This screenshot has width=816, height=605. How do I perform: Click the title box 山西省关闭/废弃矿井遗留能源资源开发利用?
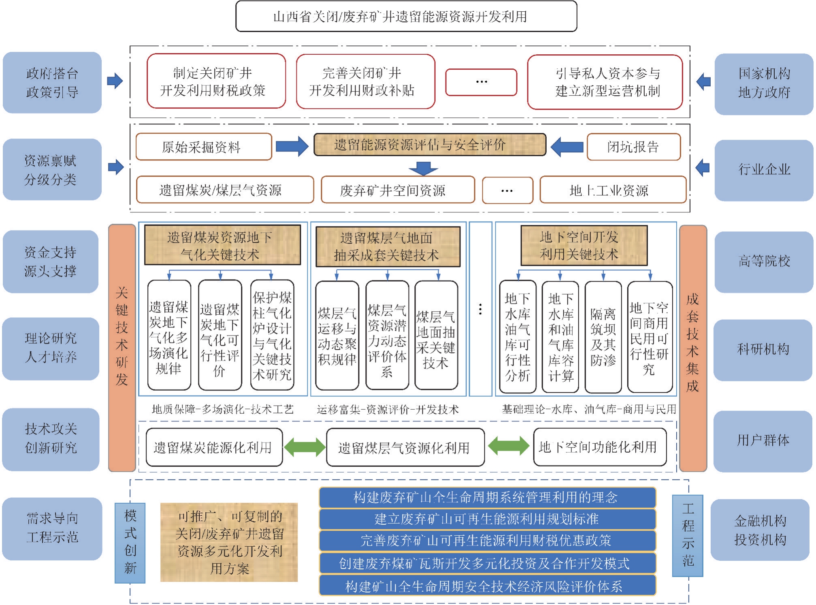tap(406, 16)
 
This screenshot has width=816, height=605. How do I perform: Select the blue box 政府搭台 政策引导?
tap(52, 83)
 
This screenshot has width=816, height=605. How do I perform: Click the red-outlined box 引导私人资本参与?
tap(605, 82)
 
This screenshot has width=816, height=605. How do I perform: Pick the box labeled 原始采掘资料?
tap(204, 147)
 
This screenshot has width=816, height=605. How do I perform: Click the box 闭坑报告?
tap(634, 147)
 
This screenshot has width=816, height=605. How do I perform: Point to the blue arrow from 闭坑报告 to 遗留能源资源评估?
tap(567, 146)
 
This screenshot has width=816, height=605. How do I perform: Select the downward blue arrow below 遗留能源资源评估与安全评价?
tap(423, 168)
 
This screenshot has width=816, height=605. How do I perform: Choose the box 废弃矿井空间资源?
tap(398, 190)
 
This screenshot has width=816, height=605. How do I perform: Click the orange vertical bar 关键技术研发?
tap(122, 348)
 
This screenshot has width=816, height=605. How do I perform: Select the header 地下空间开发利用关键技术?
tap(584, 246)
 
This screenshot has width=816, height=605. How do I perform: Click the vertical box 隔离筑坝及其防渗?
tap(603, 337)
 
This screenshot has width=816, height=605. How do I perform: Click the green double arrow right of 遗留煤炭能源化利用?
tap(305, 447)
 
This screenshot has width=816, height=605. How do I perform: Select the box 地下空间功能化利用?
tap(600, 447)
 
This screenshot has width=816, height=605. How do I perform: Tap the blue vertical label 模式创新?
tap(130, 543)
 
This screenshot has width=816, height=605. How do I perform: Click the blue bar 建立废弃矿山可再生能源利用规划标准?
tap(487, 519)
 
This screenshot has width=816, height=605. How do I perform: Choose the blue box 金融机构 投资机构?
tap(760, 530)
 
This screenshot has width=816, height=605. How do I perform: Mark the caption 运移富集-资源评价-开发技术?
tap(388, 410)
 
